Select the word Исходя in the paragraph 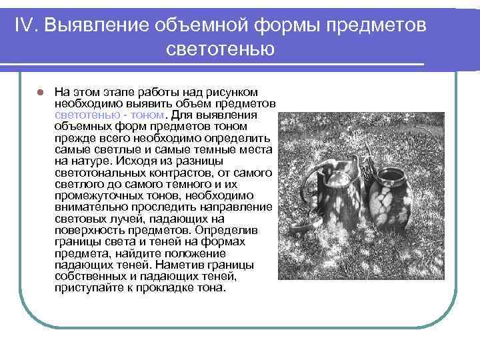pos(135,161)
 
